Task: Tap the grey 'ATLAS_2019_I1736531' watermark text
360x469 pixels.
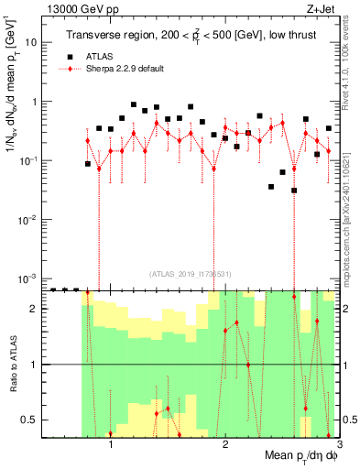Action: pos(191,274)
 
